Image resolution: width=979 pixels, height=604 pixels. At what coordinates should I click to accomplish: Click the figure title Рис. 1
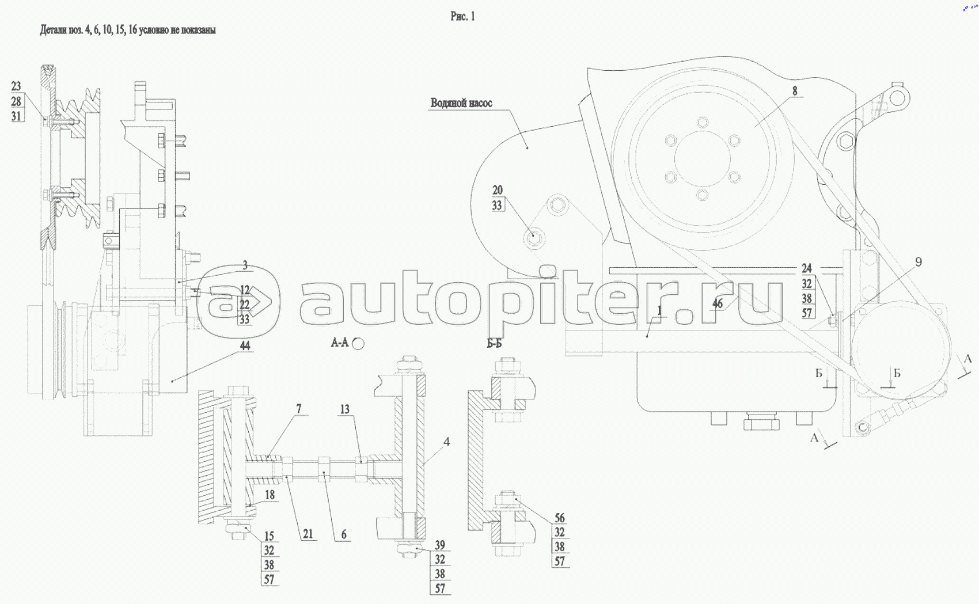(462, 16)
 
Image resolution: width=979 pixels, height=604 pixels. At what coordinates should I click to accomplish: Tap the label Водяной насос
(461, 103)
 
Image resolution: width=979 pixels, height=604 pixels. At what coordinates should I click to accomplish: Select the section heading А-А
(340, 343)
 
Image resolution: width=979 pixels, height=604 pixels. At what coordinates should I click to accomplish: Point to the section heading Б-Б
(494, 344)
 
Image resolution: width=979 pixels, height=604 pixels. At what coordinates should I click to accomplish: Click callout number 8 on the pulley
(795, 91)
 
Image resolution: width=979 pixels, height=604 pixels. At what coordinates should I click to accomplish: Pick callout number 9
(918, 262)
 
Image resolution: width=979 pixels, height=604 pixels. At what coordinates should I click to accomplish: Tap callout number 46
(717, 303)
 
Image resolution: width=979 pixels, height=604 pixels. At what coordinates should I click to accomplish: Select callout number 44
(245, 345)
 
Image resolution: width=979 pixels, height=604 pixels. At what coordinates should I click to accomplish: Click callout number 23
(16, 86)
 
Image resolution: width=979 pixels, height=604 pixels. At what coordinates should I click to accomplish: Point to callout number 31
(16, 116)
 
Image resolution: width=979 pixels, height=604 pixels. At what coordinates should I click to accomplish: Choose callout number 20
(498, 190)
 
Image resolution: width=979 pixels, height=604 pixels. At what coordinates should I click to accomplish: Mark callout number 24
(807, 268)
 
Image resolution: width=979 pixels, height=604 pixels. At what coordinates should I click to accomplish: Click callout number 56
(560, 518)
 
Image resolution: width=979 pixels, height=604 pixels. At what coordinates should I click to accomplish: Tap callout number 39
(440, 545)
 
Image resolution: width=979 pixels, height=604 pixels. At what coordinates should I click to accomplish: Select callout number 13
(344, 409)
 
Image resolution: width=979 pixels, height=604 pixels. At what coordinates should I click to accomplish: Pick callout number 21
(308, 534)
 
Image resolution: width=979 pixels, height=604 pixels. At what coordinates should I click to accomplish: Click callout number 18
(270, 495)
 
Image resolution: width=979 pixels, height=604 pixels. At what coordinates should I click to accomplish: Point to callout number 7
(298, 409)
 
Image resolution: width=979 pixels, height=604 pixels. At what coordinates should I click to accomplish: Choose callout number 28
(16, 101)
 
